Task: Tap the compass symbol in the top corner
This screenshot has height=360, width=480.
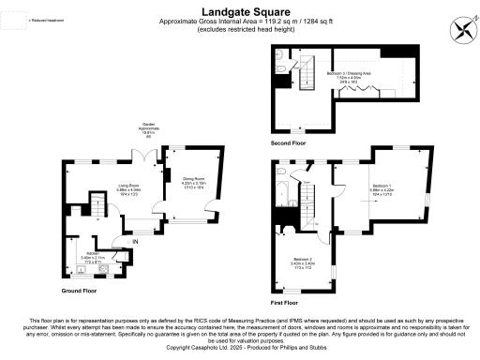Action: (x=459, y=28)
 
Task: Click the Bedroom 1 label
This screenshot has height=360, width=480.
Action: (x=383, y=189)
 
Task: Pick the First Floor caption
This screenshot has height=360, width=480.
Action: (x=285, y=304)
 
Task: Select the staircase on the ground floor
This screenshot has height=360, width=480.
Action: (x=97, y=203)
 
